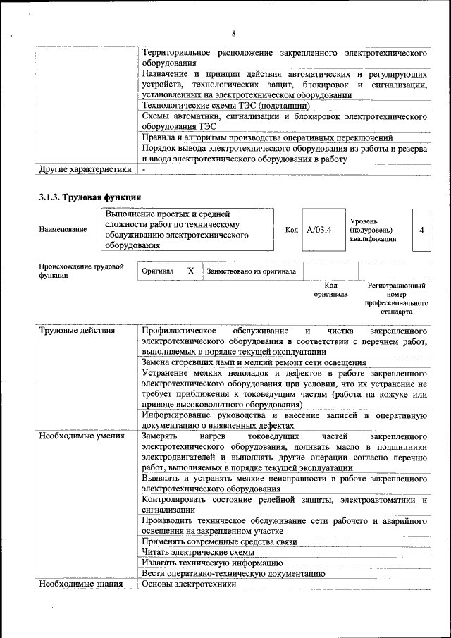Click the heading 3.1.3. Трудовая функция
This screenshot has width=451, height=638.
coord(90,197)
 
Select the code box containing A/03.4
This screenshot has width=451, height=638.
coord(319,230)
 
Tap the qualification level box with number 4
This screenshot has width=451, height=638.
coord(421,230)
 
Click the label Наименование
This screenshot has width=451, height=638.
coord(63,230)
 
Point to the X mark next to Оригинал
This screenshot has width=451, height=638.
coord(190,271)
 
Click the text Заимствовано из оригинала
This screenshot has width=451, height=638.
coord(251,271)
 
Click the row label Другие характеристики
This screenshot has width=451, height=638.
coord(85,169)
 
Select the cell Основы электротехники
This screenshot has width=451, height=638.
coord(188,584)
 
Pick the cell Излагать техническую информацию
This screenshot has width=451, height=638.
coord(212,563)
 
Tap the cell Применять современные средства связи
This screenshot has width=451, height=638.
coord(219,541)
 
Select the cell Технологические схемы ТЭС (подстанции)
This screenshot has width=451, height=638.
coord(225,105)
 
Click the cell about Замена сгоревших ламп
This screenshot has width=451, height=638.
coord(254,362)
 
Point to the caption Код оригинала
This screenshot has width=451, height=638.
coord(330,290)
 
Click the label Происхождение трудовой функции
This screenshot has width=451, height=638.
coord(81,271)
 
